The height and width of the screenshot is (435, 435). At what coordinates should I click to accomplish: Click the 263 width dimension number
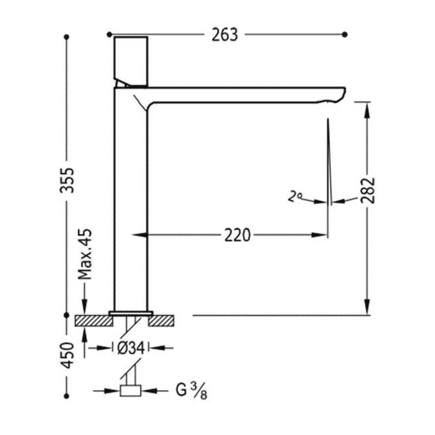pyautogui.click(x=225, y=35)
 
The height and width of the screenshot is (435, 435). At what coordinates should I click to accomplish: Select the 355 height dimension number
pyautogui.click(x=68, y=180)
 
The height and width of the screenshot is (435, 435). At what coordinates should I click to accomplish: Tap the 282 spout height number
pyautogui.click(x=368, y=189)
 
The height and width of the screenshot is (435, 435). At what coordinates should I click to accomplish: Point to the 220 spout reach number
pyautogui.click(x=237, y=235)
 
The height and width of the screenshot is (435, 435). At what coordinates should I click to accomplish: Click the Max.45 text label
pyautogui.click(x=85, y=255)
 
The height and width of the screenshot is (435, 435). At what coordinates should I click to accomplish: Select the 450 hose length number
pyautogui.click(x=68, y=355)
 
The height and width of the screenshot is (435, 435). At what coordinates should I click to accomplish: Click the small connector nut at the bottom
pyautogui.click(x=130, y=390)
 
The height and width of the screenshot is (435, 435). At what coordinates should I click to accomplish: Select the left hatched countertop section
pyautogui.click(x=93, y=320)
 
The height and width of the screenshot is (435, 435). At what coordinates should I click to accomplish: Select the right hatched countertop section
pyautogui.click(x=161, y=320)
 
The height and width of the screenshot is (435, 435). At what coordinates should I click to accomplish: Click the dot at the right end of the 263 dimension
pyautogui.click(x=345, y=34)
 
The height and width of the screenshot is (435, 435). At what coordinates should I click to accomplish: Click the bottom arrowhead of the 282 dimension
pyautogui.click(x=368, y=309)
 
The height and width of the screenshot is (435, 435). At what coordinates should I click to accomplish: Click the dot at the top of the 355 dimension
pyautogui.click(x=67, y=36)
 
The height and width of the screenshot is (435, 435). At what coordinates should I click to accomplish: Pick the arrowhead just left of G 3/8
pyautogui.click(x=114, y=390)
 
